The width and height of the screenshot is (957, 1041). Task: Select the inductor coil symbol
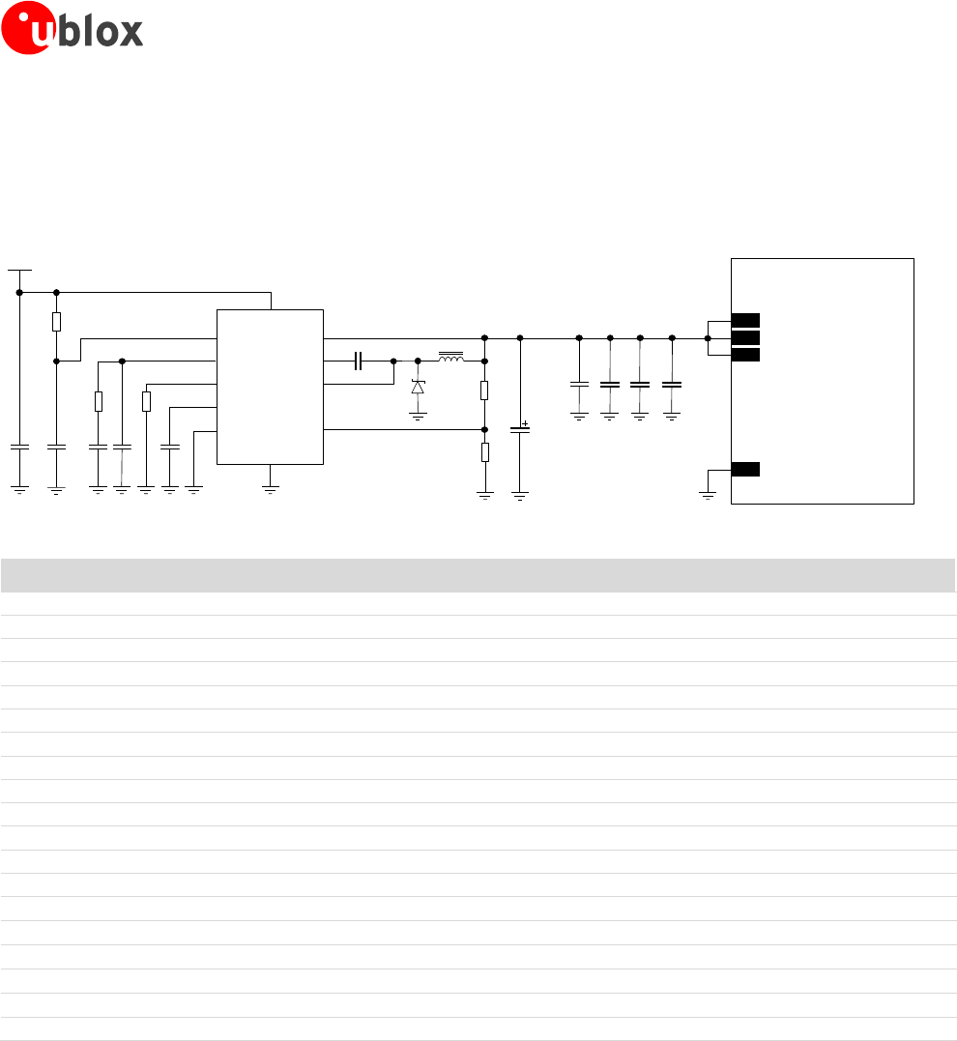pyautogui.click(x=450, y=359)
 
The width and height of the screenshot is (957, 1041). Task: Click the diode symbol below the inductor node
pyautogui.click(x=418, y=387)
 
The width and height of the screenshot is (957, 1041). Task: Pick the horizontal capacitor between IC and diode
pyautogui.click(x=358, y=361)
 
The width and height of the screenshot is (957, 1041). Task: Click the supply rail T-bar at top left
pyautogui.click(x=19, y=272)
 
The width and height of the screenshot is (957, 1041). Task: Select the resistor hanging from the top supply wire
pyautogui.click(x=57, y=322)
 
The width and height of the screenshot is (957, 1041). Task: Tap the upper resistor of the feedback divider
pyautogui.click(x=484, y=390)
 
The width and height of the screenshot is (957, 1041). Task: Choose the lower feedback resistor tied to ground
pyautogui.click(x=484, y=451)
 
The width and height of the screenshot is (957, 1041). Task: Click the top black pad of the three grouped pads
pyautogui.click(x=744, y=320)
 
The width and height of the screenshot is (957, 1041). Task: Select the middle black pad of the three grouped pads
pyautogui.click(x=744, y=337)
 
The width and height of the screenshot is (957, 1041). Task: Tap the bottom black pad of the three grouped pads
pyautogui.click(x=744, y=355)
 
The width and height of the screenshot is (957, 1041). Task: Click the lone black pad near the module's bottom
pyautogui.click(x=744, y=470)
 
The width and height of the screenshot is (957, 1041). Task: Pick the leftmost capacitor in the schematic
pyautogui.click(x=19, y=447)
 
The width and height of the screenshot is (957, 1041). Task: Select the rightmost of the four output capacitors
pyautogui.click(x=671, y=385)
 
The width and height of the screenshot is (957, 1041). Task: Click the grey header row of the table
pyautogui.click(x=478, y=574)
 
